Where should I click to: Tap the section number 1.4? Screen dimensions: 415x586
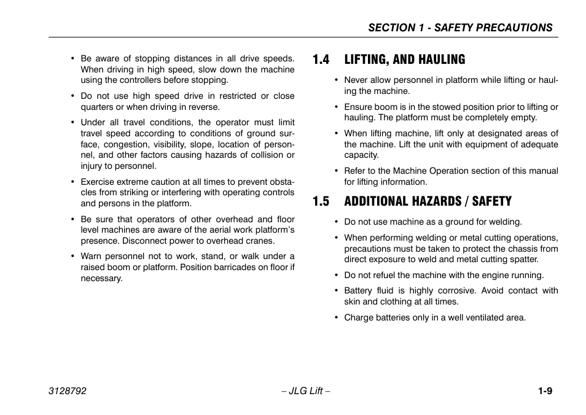[320, 60]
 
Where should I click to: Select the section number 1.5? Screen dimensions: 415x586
[320, 201]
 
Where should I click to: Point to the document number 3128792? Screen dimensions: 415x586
[68, 391]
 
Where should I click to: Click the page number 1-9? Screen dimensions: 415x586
[544, 391]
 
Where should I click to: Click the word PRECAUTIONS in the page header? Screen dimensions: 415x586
[515, 28]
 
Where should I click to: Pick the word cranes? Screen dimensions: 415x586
[260, 241]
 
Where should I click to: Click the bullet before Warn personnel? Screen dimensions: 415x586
[72, 257]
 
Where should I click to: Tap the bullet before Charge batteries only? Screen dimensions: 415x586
[336, 318]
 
